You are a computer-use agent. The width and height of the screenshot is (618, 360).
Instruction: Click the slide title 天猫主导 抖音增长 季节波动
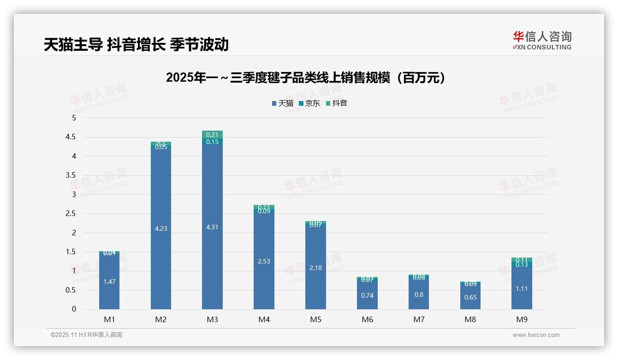tap(136, 45)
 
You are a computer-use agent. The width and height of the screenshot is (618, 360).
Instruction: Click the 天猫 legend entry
tap(283, 103)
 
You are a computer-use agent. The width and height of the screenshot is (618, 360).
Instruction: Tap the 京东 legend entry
tap(309, 103)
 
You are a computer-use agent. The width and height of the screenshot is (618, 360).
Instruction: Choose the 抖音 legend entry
tap(336, 103)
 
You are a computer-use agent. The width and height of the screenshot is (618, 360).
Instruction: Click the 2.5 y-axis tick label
tap(71, 214)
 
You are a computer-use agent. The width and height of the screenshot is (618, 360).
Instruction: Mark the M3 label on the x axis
tap(212, 319)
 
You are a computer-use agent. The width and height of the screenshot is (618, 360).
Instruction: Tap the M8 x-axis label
tap(470, 319)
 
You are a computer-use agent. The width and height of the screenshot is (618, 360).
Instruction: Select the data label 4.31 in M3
tap(212, 228)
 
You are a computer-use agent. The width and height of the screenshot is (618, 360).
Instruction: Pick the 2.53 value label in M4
tap(264, 261)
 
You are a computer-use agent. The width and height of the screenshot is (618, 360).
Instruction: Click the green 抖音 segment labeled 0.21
tap(212, 134)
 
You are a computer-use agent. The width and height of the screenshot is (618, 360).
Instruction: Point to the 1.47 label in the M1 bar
tap(109, 282)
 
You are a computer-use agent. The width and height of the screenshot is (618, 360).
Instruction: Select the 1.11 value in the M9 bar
tap(522, 288)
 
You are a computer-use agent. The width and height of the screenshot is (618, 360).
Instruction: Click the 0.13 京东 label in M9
tap(522, 264)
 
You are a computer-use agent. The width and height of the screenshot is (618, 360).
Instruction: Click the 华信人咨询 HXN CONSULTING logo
tap(542, 41)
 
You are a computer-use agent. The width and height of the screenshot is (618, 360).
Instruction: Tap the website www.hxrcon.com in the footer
tap(536, 335)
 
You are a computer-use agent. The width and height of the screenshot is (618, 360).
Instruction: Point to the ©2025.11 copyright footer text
tap(86, 335)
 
